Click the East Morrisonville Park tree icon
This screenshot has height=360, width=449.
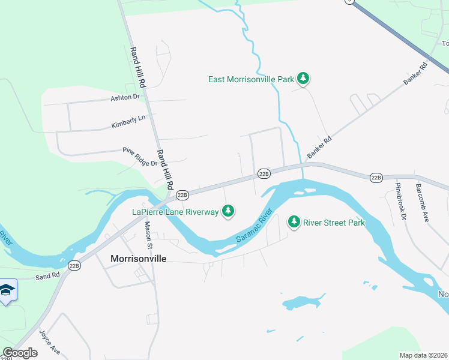tap(304, 79)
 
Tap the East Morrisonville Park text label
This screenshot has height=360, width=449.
tap(251, 79)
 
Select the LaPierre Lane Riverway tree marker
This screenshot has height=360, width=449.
tap(228, 211)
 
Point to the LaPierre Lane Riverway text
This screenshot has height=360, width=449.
tap(175, 211)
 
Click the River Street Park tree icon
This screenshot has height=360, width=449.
tap(294, 222)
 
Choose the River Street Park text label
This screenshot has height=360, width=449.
tap(334, 223)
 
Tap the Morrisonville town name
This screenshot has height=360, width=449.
tap(138, 259)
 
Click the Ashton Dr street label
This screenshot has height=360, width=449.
tap(125, 97)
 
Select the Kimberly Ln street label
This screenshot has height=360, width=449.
tap(128, 122)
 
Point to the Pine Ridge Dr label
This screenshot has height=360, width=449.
tap(140, 156)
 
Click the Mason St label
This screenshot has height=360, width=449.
tap(148, 235)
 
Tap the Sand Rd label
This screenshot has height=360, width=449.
tap(47, 277)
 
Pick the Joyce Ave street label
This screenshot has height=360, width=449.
tap(50, 341)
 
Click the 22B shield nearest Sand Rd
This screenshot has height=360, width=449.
tap(74, 265)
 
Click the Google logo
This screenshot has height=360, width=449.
tap(19, 353)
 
